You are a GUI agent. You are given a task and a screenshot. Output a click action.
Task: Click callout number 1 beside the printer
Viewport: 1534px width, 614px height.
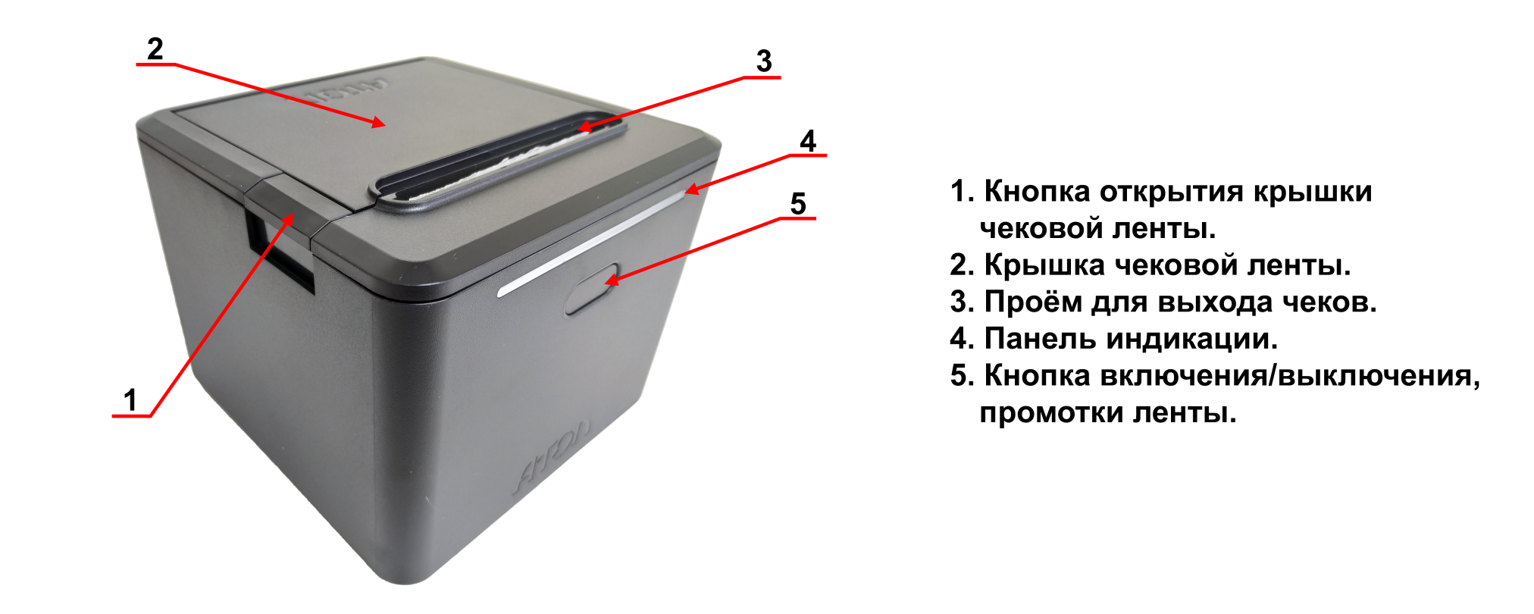pyautogui.click(x=130, y=399)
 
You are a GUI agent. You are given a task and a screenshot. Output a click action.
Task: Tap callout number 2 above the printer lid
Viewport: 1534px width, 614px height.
pyautogui.click(x=155, y=49)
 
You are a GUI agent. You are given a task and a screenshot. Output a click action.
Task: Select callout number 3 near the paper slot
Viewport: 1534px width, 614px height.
pyautogui.click(x=764, y=61)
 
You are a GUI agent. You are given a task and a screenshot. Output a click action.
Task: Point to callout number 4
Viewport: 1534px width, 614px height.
pyautogui.click(x=808, y=141)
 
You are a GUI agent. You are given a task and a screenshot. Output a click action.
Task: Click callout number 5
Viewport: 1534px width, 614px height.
pyautogui.click(x=798, y=204)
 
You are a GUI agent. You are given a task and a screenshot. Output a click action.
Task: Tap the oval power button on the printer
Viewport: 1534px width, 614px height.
pyautogui.click(x=592, y=289)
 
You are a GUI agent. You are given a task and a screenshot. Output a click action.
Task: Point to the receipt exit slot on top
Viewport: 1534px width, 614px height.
pyautogui.click(x=502, y=161)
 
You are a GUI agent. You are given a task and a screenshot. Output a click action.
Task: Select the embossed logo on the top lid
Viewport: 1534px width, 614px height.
pyautogui.click(x=346, y=92)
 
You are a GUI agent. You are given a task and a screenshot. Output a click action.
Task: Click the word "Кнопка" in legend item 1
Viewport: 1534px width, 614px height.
pyautogui.click(x=1037, y=192)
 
